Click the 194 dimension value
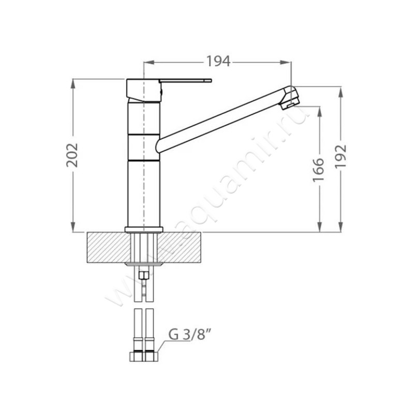(218, 62)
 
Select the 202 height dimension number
(72, 155)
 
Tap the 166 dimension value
(319, 170)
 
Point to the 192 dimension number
(341, 156)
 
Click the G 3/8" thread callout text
(190, 335)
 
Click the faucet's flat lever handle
(185, 81)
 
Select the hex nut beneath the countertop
(144, 276)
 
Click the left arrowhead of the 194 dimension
(149, 62)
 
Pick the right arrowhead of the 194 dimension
(286, 62)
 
